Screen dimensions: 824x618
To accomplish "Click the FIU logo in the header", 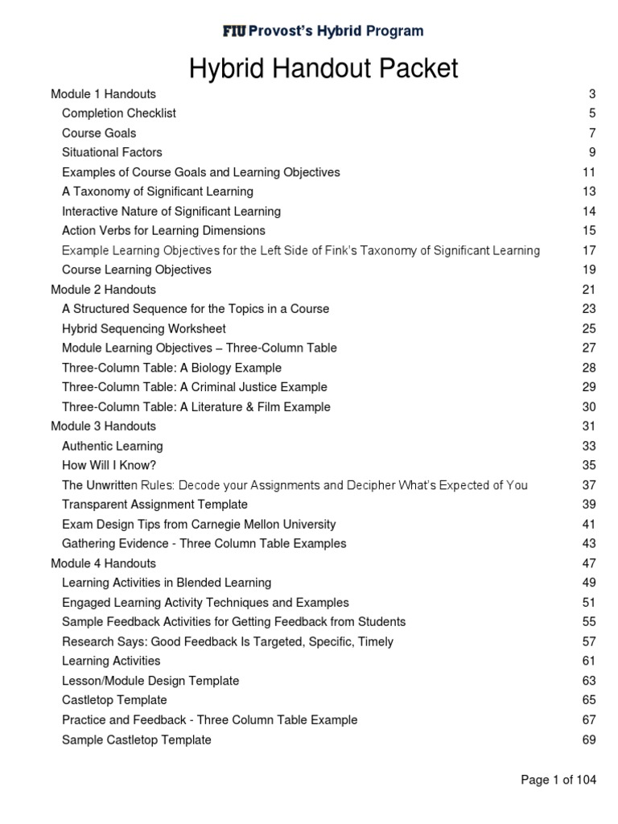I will pyautogui.click(x=235, y=31).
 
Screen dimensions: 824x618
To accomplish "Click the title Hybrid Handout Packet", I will pyautogui.click(x=323, y=68).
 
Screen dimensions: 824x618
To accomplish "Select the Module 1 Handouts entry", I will pyautogui.click(x=103, y=94).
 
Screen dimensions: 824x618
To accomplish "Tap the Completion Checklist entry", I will pyautogui.click(x=119, y=113).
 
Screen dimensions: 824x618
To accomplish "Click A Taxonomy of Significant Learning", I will pyautogui.click(x=158, y=192).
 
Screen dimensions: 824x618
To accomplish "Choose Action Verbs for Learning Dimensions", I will pyautogui.click(x=163, y=231).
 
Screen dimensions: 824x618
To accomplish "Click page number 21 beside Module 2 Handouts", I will pyautogui.click(x=588, y=289).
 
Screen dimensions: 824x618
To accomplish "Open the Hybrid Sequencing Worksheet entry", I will pyautogui.click(x=144, y=328).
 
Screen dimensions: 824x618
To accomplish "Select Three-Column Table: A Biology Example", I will pyautogui.click(x=171, y=368).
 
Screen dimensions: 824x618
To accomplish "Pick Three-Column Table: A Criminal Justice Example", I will pyautogui.click(x=195, y=387).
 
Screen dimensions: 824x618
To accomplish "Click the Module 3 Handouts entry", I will pyautogui.click(x=103, y=426).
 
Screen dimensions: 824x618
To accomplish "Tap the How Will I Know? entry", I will pyautogui.click(x=109, y=465).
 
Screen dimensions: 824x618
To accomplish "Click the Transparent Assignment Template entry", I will pyautogui.click(x=154, y=505).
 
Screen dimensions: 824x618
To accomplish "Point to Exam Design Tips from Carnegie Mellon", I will pyautogui.click(x=199, y=524).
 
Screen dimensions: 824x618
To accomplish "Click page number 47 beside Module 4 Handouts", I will pyautogui.click(x=588, y=563).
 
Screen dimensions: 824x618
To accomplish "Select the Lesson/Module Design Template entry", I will pyautogui.click(x=150, y=681).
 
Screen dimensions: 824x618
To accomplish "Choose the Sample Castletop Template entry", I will pyautogui.click(x=137, y=740).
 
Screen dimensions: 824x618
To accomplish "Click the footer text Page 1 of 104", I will pyautogui.click(x=559, y=780).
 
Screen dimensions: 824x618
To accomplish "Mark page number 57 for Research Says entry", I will pyautogui.click(x=588, y=641).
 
